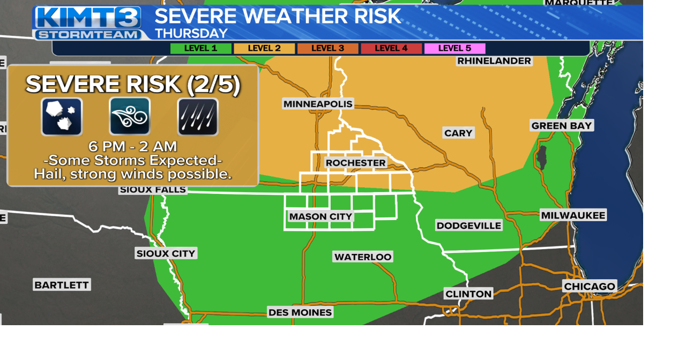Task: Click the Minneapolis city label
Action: pyautogui.click(x=318, y=104)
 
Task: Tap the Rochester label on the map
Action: pyautogui.click(x=355, y=163)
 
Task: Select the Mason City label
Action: pyautogui.click(x=320, y=216)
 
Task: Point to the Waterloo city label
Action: pyautogui.click(x=363, y=257)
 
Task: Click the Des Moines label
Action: pyautogui.click(x=300, y=312)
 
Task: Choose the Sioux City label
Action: pyautogui.click(x=166, y=253)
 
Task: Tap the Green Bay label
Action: pyautogui.click(x=562, y=126)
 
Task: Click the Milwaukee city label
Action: pyautogui.click(x=573, y=215)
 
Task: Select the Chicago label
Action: pyautogui.click(x=590, y=287)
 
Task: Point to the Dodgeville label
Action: pyautogui.click(x=469, y=226)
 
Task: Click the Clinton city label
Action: pyautogui.click(x=468, y=294)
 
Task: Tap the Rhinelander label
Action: pyautogui.click(x=494, y=61)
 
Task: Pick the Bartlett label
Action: pyautogui.click(x=62, y=285)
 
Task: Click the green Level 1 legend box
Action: pyautogui.click(x=201, y=49)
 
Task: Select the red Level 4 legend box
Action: pyautogui.click(x=391, y=49)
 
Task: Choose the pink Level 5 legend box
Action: pyautogui.click(x=454, y=49)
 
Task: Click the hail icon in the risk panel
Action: pyautogui.click(x=62, y=116)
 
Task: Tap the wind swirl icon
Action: pyautogui.click(x=130, y=116)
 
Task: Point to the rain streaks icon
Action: pyautogui.click(x=198, y=117)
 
